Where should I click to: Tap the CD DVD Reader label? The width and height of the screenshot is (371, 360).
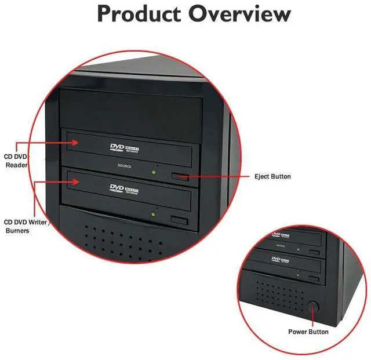point(17,161)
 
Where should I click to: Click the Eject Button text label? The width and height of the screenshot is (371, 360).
point(272,176)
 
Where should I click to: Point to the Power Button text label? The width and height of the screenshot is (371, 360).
point(308,332)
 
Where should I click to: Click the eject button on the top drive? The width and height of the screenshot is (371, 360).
point(180,176)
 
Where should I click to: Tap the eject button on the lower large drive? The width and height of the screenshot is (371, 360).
point(180,221)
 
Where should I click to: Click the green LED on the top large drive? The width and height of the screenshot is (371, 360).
point(153,171)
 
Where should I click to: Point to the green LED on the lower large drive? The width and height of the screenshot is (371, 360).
point(153,215)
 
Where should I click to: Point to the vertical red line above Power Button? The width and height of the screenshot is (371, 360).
point(314,318)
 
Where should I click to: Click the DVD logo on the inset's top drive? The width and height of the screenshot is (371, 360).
point(278,235)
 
